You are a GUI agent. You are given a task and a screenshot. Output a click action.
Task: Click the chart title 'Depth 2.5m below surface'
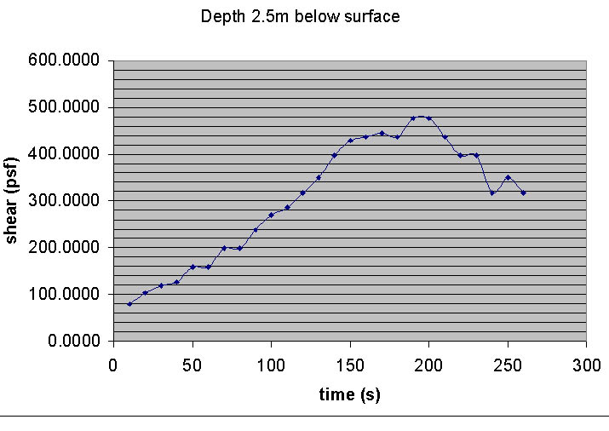pos(300,16)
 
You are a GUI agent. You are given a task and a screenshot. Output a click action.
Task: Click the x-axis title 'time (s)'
pos(349,394)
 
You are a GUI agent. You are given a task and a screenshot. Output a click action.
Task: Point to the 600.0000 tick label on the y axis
pos(64,60)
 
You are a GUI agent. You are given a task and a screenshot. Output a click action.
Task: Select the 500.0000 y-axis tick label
pos(64,107)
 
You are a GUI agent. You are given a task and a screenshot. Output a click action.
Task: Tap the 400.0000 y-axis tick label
pos(64,154)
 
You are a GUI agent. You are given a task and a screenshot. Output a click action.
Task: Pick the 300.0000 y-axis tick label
pos(64,201)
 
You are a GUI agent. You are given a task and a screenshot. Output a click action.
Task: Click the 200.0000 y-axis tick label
pos(64,247)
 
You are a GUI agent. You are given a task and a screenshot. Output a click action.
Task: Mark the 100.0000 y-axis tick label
pos(64,294)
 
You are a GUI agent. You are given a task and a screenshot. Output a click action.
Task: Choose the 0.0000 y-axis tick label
pos(71,341)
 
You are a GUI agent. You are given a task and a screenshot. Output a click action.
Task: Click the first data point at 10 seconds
pos(129,304)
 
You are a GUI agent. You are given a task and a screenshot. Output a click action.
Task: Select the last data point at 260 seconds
pos(523,193)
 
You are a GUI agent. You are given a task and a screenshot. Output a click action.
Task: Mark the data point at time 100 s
pos(271,215)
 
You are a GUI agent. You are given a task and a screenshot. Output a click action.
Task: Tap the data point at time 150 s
pos(350,141)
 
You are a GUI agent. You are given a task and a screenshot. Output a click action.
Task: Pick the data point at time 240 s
pos(491,193)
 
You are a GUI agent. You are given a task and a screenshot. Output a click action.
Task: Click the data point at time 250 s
pos(508,177)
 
